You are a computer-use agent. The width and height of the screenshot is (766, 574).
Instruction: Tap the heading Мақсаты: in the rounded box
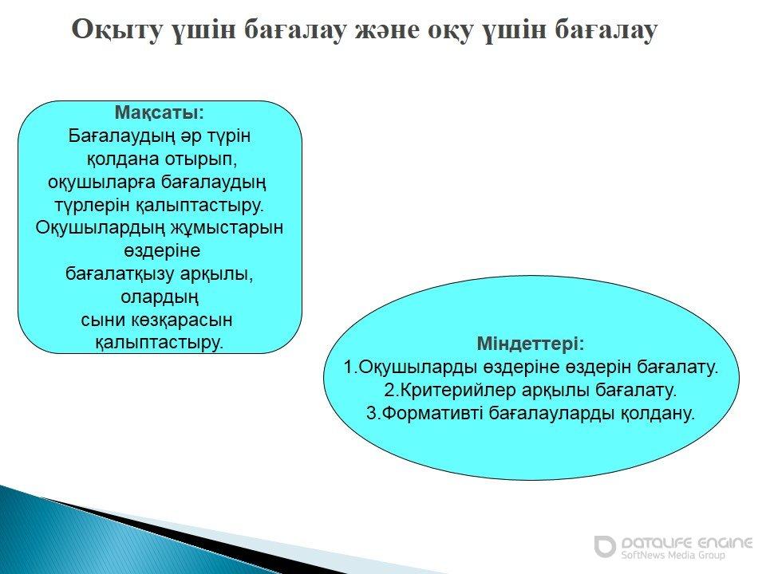160,112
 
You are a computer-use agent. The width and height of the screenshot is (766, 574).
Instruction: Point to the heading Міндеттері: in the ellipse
531,344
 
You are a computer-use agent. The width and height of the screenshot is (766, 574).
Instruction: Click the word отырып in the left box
200,159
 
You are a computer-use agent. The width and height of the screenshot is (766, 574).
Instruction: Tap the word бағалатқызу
120,273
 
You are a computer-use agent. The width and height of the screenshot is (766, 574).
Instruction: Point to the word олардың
160,297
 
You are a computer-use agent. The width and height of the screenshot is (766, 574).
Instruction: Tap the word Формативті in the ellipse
432,413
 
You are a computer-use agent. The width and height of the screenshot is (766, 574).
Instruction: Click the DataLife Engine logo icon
605,546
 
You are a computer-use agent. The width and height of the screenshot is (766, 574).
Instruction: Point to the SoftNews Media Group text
673,556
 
